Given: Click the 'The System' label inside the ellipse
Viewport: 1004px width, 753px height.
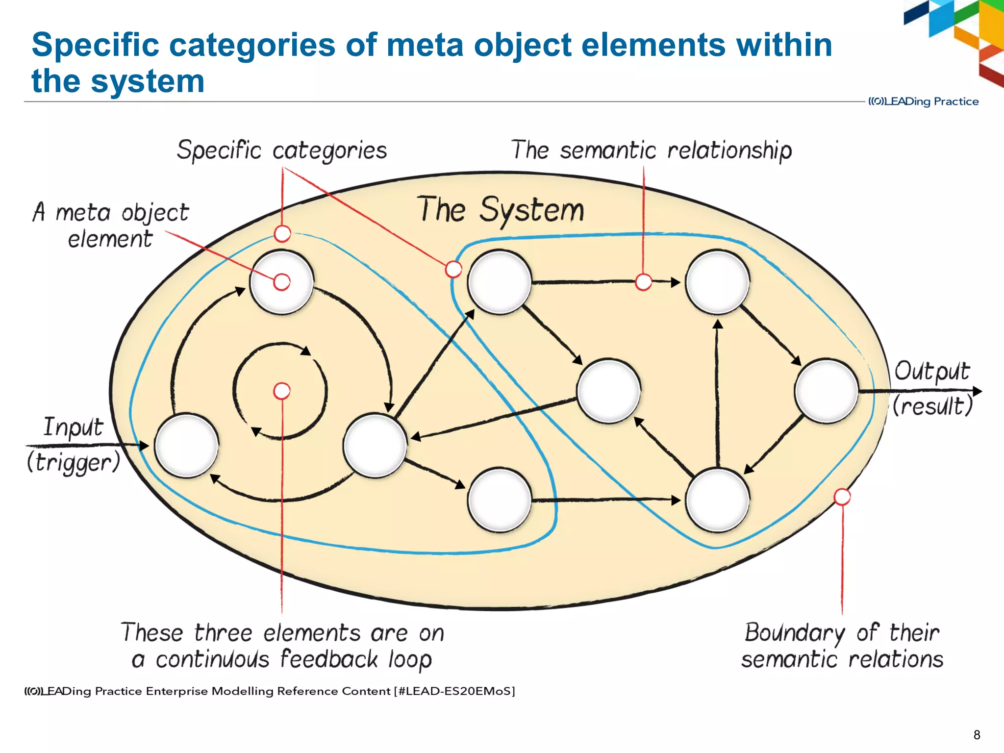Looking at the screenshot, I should click(x=500, y=210).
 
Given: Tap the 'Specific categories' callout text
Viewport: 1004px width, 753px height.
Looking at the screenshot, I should click(x=282, y=150).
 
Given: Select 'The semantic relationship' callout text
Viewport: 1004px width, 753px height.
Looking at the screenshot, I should click(x=651, y=150).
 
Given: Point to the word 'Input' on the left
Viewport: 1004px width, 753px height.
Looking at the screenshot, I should click(x=74, y=427).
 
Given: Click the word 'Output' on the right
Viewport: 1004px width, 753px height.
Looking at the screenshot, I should click(x=931, y=371).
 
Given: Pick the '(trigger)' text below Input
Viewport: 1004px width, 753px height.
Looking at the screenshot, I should click(x=74, y=462).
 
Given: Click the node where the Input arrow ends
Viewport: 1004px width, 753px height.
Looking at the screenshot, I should click(x=186, y=445).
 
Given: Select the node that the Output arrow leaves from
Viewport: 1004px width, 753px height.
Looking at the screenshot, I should click(x=827, y=391).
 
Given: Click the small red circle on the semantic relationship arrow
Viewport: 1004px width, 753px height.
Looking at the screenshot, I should click(x=643, y=282).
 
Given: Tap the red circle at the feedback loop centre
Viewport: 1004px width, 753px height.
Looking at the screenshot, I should click(x=282, y=391).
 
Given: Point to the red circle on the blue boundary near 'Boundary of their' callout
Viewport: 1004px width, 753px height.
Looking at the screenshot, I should click(x=842, y=497).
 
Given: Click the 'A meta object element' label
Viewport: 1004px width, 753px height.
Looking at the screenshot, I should click(x=111, y=226).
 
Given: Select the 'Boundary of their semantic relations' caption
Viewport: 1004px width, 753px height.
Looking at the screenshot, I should click(x=842, y=646).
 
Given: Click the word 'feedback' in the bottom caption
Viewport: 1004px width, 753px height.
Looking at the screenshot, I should click(x=329, y=659).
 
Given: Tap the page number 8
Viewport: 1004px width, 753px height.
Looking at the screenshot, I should click(x=977, y=735).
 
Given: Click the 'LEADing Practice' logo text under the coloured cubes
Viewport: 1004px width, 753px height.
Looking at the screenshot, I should click(x=924, y=101).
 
